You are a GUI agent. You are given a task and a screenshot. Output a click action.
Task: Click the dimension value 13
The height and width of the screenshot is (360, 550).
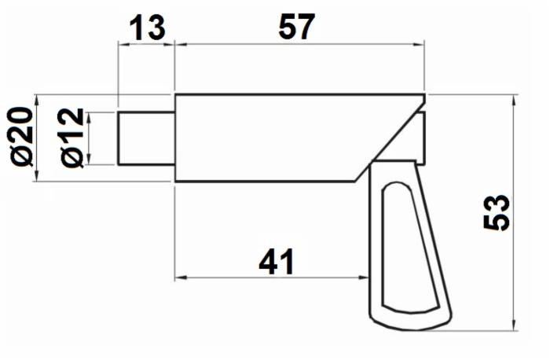(x=146, y=28)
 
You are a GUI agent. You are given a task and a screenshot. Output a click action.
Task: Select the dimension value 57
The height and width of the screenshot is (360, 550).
(x=296, y=28)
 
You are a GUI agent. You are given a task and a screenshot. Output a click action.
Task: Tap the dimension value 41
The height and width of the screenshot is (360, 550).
(x=277, y=262)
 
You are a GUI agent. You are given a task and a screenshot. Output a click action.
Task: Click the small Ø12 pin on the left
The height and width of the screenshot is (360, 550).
(x=146, y=138)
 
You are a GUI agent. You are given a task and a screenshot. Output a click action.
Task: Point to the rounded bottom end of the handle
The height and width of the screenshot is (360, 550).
(x=409, y=322)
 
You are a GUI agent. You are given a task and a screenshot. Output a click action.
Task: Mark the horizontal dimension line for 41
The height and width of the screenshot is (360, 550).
(x=236, y=276)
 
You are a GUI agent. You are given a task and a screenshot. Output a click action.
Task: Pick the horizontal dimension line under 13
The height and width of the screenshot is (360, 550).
(x=146, y=43)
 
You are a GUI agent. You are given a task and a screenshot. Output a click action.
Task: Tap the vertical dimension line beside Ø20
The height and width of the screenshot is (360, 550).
(x=37, y=138)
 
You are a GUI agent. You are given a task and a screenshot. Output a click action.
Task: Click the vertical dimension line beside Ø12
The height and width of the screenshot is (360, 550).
(x=89, y=138)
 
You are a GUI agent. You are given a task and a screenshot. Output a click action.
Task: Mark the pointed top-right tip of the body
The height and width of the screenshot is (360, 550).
(x=424, y=96)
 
